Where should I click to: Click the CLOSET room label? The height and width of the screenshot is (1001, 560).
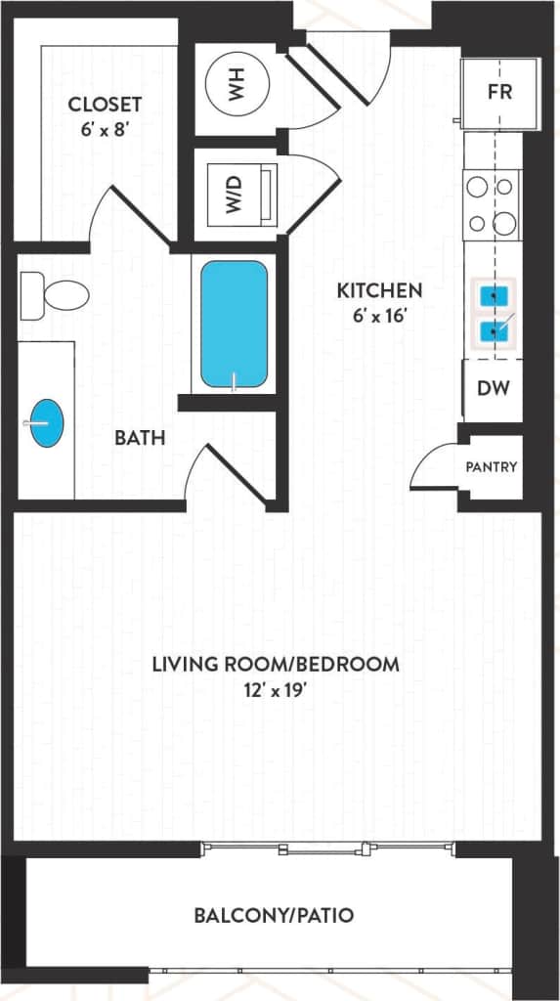tap(105, 104)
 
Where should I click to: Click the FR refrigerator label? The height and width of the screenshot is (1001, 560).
tap(500, 94)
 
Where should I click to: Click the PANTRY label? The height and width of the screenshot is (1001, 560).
tap(492, 466)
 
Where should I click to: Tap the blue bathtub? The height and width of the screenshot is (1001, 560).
tap(235, 324)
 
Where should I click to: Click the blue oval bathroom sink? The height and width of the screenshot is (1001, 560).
tap(46, 423)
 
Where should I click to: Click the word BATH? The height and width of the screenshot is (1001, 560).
tap(140, 438)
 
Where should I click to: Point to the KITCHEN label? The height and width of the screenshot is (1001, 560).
tap(379, 290)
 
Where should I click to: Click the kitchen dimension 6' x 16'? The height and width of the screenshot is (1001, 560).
tap(379, 316)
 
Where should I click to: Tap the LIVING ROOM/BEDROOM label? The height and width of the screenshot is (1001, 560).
tap(276, 665)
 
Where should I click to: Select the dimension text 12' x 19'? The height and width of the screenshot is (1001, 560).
tap(276, 690)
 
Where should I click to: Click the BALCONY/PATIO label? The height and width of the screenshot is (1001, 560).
tap(274, 916)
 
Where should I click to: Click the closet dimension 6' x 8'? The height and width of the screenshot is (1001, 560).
tap(105, 129)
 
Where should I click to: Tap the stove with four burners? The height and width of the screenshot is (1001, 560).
tap(492, 204)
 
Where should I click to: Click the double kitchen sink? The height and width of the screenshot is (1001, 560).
tap(494, 314)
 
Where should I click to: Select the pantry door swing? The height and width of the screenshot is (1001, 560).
tap(433, 467)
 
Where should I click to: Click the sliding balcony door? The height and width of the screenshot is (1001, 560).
tap(327, 849)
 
